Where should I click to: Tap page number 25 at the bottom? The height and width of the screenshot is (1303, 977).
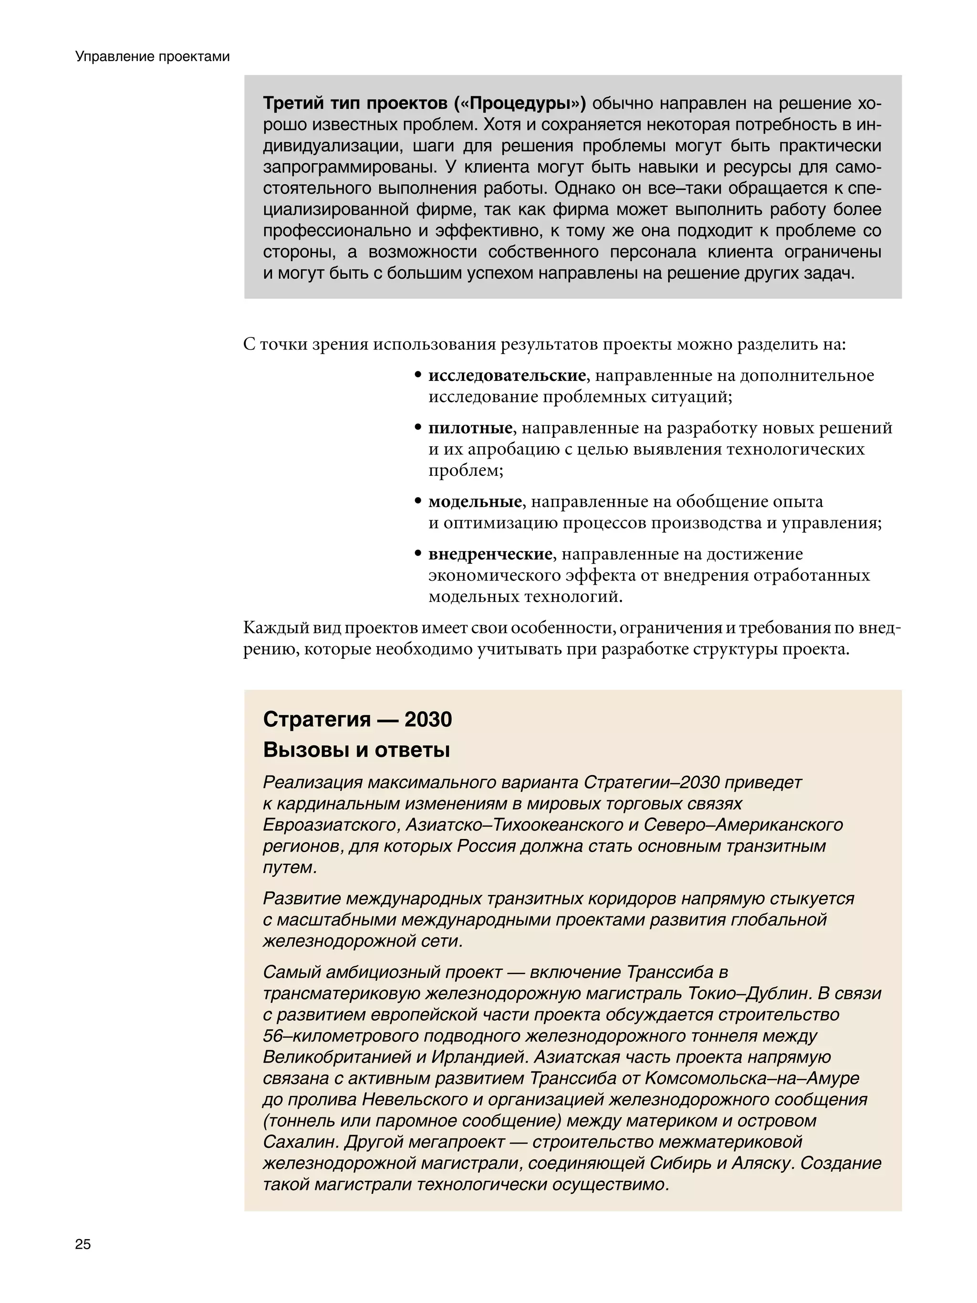pyautogui.click(x=83, y=1244)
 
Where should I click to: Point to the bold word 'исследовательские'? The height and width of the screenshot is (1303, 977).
pyautogui.click(x=507, y=375)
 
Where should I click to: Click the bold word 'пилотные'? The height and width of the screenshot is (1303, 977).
pyautogui.click(x=470, y=428)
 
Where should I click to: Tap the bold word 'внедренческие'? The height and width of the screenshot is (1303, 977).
pyautogui.click(x=490, y=554)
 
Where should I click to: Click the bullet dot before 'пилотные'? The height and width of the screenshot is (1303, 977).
pyautogui.click(x=417, y=428)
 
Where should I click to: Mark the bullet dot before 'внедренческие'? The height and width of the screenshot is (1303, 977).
pyautogui.click(x=417, y=554)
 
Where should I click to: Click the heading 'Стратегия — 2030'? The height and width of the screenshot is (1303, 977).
pyautogui.click(x=357, y=719)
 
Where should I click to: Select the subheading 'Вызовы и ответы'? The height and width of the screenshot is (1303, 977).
pyautogui.click(x=356, y=750)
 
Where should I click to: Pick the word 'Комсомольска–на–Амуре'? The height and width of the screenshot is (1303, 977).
pyautogui.click(x=752, y=1078)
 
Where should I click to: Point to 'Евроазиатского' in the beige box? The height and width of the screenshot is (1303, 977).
pyautogui.click(x=331, y=825)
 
